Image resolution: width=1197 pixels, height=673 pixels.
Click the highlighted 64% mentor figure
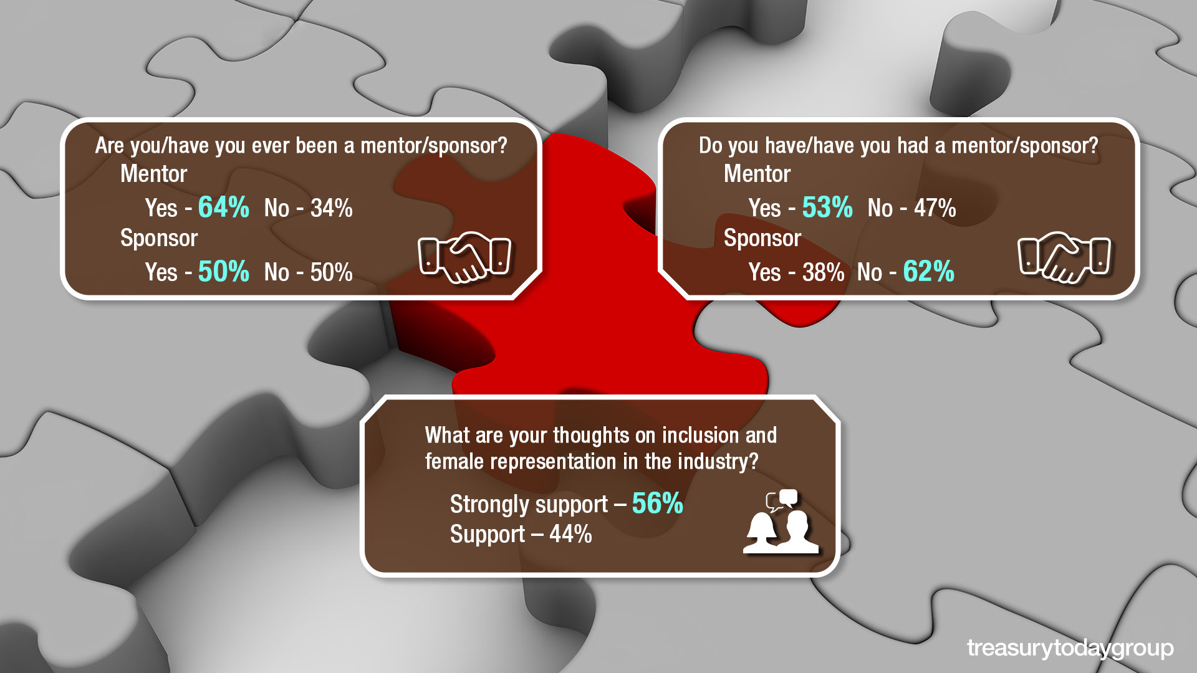224,207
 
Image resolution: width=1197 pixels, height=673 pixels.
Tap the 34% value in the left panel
332,208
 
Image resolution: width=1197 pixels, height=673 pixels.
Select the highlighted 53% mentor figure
827,207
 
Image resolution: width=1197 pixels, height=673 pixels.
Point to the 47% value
935,208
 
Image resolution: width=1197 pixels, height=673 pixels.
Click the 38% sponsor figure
824,272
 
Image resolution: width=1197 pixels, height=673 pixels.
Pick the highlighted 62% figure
929,271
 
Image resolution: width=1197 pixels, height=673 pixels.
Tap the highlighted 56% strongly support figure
658,504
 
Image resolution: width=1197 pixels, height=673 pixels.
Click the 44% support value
571,535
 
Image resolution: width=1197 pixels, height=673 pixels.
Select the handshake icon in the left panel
464,257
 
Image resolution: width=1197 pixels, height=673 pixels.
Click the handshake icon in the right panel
1064,257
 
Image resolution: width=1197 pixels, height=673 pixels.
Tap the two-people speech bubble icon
781,522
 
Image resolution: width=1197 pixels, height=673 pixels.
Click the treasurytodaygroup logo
1070,649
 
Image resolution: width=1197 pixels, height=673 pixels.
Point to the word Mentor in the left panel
153,174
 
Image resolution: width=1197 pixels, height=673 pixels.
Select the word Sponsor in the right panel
762,238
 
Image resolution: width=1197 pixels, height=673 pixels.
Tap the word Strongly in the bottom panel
488,505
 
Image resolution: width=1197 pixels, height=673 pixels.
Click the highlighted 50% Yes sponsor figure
224,271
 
